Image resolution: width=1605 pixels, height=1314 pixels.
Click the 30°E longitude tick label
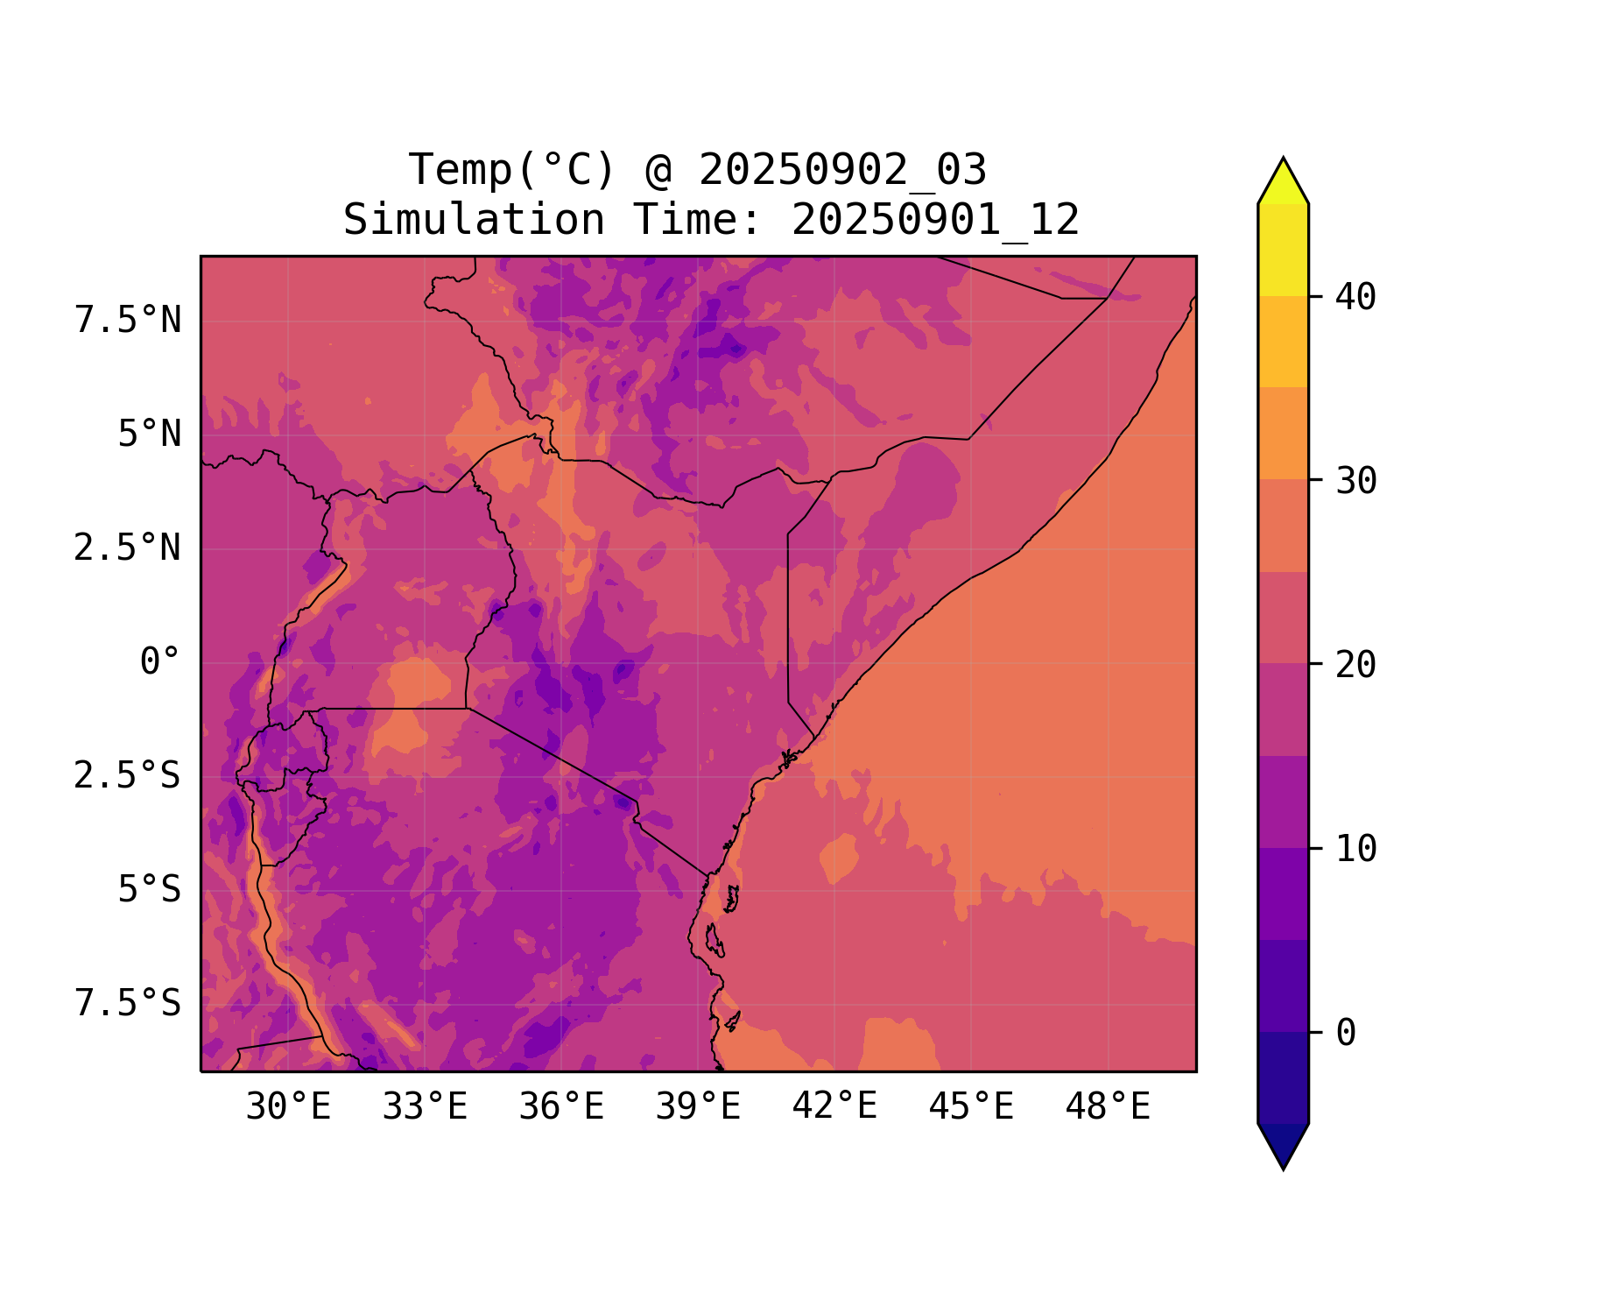tap(288, 1107)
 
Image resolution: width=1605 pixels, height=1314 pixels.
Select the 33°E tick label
tap(425, 1107)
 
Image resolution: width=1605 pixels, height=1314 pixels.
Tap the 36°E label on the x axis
tap(561, 1107)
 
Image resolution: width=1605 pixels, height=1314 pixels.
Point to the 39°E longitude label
tap(698, 1107)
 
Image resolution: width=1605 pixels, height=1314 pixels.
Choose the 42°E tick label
tap(834, 1107)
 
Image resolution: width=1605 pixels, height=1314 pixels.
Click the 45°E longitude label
tap(971, 1107)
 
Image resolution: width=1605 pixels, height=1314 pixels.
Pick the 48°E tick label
tap(1108, 1107)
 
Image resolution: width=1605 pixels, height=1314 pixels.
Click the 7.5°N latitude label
tap(128, 321)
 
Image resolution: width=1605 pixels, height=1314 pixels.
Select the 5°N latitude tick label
tap(150, 434)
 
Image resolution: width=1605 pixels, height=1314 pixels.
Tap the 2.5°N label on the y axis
tap(128, 548)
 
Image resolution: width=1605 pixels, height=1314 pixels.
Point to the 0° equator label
tap(160, 662)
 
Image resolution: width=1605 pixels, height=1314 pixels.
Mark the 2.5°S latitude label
tap(128, 776)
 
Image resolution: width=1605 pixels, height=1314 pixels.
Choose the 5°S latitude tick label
tap(150, 890)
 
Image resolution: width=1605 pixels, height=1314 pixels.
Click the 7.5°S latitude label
tap(128, 1004)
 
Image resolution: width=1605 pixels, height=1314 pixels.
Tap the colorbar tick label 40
tap(1355, 297)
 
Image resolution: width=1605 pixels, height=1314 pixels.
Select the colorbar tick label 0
tap(1346, 1034)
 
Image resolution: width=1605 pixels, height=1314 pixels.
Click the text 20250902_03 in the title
tap(842, 170)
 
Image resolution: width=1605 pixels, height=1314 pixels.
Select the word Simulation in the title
tap(474, 220)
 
